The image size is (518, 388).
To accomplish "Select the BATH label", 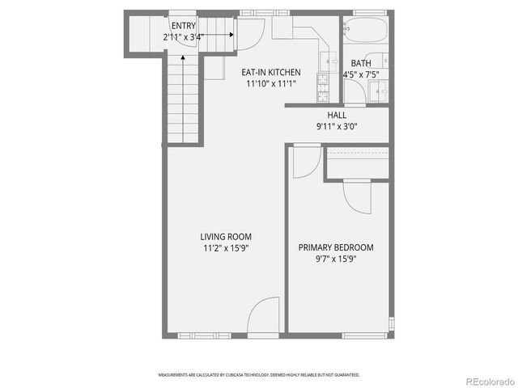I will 360,64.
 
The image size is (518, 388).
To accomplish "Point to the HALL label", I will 337,116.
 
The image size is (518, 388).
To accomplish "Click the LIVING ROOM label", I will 226,237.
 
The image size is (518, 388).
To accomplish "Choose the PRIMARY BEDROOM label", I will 336,247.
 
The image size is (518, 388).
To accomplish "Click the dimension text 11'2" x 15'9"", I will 226,248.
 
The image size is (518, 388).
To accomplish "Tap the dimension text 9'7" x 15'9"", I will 336,259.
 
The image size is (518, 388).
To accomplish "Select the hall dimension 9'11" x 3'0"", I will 337,126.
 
